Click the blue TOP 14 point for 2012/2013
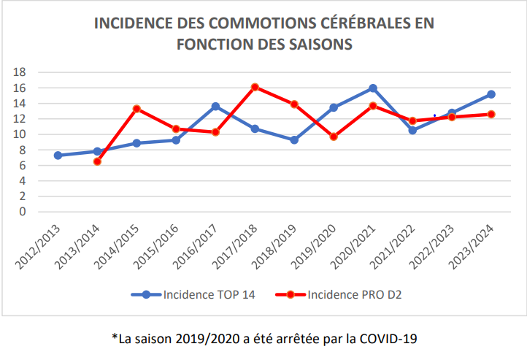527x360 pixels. [x=58, y=156]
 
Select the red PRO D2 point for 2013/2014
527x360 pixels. [x=97, y=161]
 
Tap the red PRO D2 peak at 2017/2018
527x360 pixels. [x=255, y=87]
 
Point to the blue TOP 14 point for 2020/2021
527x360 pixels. [x=373, y=88]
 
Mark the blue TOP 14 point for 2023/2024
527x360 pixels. [x=491, y=94]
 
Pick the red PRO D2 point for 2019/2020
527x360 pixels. [x=334, y=137]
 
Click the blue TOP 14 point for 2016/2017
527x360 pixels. [x=215, y=107]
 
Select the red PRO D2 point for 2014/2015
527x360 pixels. [x=136, y=109]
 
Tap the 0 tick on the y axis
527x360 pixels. [x=23, y=212]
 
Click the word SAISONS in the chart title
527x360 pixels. [x=316, y=44]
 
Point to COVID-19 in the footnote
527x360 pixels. [x=388, y=339]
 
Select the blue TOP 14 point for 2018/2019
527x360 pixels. [x=294, y=139]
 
